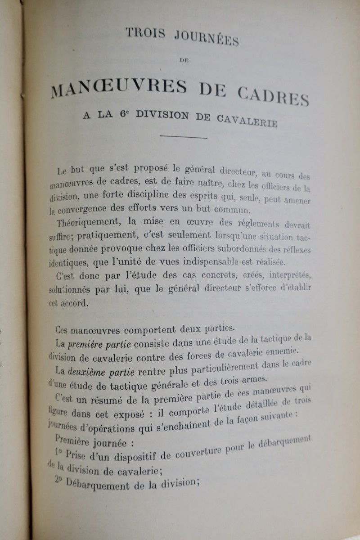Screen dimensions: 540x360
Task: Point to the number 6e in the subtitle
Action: click(125, 115)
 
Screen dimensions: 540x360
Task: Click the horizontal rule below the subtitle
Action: click(184, 137)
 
